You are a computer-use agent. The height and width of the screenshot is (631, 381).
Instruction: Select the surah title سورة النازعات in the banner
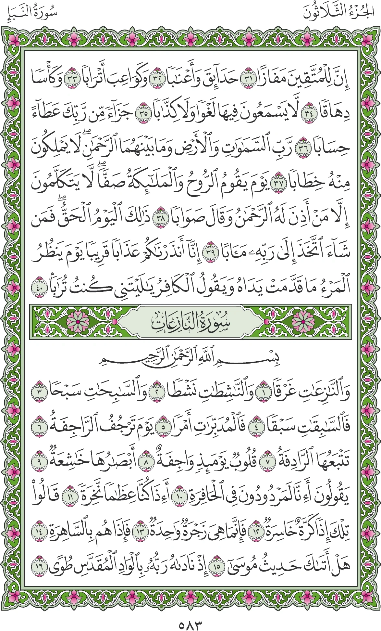(190, 322)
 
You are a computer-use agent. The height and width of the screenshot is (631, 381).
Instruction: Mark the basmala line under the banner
(190, 357)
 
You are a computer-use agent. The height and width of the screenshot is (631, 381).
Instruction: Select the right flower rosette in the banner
(302, 322)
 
